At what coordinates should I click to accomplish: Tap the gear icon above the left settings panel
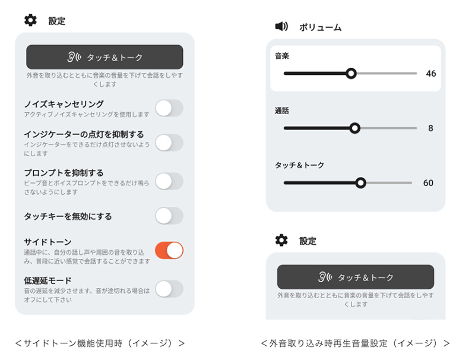pos(30,20)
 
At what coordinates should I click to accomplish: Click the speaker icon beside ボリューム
pos(281,27)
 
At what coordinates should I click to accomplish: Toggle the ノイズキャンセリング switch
pos(169,108)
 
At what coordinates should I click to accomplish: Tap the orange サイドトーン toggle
pos(169,250)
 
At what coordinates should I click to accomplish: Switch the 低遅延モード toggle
pos(169,289)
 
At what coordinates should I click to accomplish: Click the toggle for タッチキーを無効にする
pos(169,216)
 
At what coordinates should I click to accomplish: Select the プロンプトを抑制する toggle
pos(169,181)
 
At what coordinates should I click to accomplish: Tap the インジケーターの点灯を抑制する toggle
pos(169,143)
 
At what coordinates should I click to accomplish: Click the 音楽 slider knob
pos(351,73)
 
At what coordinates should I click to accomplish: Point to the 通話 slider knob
pos(354,128)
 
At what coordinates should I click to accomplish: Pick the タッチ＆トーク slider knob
pos(360,183)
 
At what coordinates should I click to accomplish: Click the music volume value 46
pos(431,74)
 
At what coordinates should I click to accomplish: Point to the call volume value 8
pos(430,128)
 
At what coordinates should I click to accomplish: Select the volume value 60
pos(428,183)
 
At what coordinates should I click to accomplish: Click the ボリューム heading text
pos(320,27)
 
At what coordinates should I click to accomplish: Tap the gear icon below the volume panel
pos(281,240)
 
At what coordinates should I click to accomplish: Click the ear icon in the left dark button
pos(74,57)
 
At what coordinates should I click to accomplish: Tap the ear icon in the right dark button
pos(325,277)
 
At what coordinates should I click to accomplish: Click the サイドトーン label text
pos(47,242)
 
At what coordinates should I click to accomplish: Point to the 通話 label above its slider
pos(281,110)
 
